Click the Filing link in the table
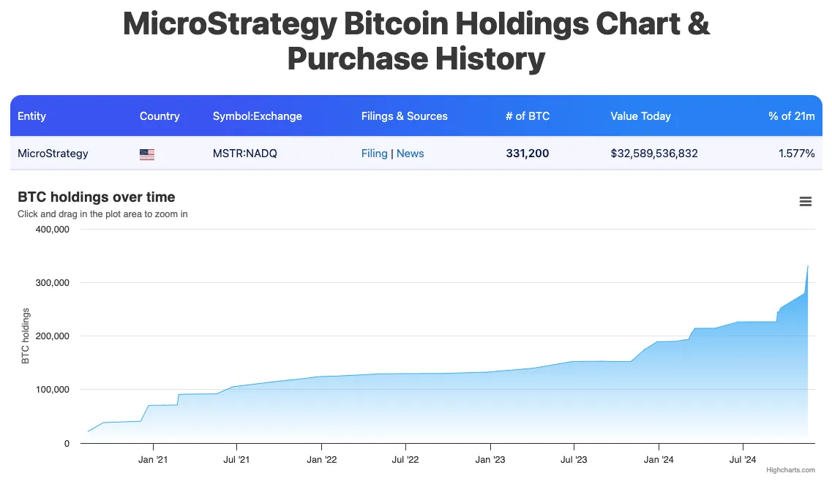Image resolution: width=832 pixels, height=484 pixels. [374, 154]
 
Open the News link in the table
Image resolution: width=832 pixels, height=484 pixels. [410, 154]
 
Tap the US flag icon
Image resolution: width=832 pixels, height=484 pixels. [147, 154]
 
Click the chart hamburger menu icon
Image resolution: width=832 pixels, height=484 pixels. [806, 202]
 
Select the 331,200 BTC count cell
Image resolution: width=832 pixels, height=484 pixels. [527, 154]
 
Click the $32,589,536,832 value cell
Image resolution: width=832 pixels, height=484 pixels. [653, 154]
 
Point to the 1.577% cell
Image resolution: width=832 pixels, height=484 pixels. [797, 154]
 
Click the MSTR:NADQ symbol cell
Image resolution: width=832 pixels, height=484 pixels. [244, 154]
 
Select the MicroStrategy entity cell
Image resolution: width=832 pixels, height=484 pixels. [53, 154]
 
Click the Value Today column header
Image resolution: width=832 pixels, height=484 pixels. [640, 116]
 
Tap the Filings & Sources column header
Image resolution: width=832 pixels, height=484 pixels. [404, 116]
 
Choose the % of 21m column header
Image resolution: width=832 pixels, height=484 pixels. [791, 116]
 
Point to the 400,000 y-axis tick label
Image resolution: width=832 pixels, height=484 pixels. [52, 230]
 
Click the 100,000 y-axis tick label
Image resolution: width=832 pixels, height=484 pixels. [52, 390]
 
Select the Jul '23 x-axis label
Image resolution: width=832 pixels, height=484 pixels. [574, 460]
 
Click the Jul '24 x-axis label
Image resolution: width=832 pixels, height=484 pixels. [743, 460]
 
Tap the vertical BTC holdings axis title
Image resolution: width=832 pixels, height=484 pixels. [26, 336]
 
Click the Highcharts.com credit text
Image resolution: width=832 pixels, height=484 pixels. [790, 470]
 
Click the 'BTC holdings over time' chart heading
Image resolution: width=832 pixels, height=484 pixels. [96, 197]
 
